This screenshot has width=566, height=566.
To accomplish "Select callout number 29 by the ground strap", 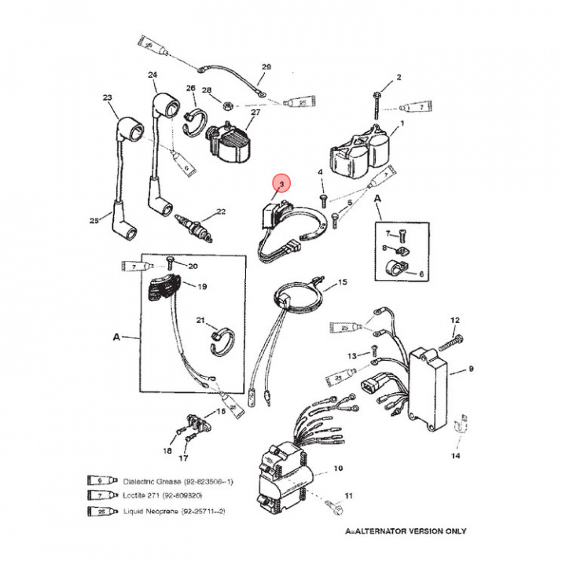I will point(265,67).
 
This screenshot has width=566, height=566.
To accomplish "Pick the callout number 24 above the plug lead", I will point(153,75).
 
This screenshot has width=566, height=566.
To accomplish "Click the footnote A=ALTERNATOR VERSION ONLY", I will point(406,531).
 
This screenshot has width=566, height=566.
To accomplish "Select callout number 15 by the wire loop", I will point(342,281).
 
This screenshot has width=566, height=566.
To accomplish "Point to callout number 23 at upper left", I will point(108,98).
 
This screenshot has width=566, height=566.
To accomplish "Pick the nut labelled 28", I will point(224,102).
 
